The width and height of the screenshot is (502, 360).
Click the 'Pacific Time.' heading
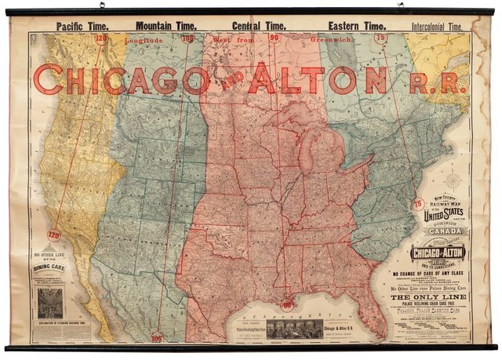83,25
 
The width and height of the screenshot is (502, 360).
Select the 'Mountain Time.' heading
166,25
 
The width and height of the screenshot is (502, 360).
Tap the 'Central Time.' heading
258,25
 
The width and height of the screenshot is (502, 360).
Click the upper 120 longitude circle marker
100,38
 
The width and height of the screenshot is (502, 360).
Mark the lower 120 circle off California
53,235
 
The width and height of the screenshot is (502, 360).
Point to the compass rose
453,183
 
